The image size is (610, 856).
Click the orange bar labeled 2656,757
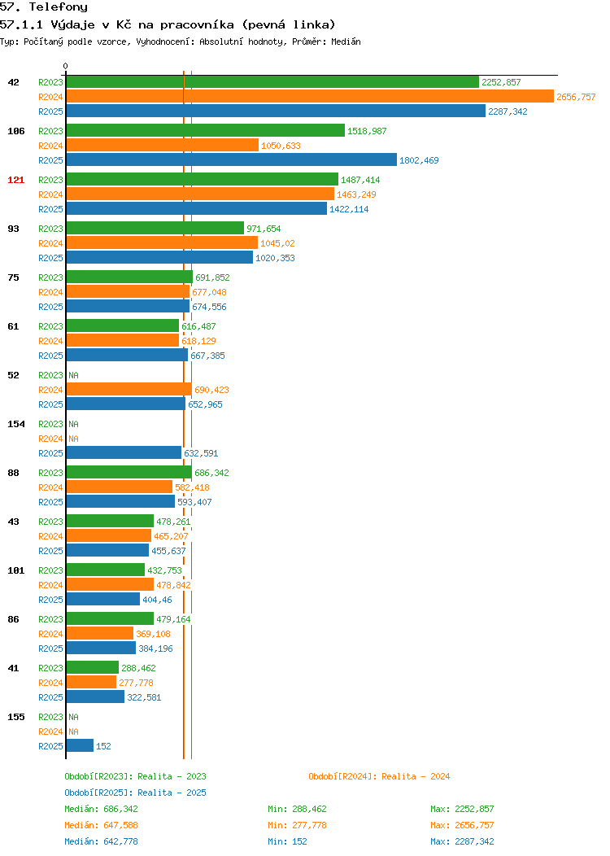point(310,97)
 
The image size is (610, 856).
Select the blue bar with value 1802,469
point(231,160)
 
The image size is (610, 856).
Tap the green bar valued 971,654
point(155,228)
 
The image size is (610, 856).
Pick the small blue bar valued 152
point(80,745)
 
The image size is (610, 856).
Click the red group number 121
point(15,180)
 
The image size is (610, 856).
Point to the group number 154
point(15,424)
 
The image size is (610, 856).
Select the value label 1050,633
point(281,146)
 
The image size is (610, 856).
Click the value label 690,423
point(211,390)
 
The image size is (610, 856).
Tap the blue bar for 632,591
point(124,452)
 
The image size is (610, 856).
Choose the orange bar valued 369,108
point(100,633)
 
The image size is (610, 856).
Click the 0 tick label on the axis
point(66,66)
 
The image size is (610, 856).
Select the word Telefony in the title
point(59,7)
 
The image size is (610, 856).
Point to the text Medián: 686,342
point(101,809)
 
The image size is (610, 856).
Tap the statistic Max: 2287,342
point(462,841)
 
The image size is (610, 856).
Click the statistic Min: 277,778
point(297,825)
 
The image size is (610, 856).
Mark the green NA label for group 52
point(74,375)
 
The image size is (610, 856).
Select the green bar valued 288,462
point(92,667)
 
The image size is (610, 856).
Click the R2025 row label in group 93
point(50,258)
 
